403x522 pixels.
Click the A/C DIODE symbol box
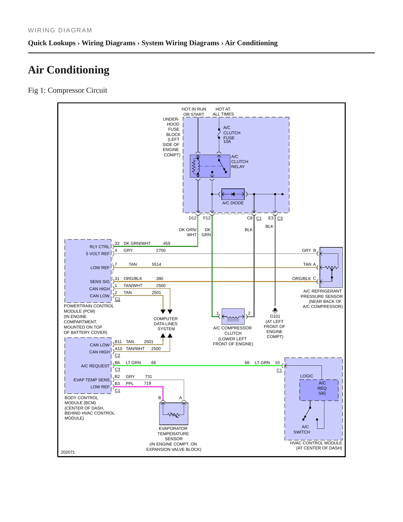click(x=233, y=194)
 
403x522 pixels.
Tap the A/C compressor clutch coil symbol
click(x=233, y=317)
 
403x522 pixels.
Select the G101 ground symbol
click(x=275, y=310)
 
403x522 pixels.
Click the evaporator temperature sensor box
click(x=173, y=413)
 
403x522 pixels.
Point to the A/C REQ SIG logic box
click(x=319, y=390)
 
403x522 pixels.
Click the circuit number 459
click(x=166, y=243)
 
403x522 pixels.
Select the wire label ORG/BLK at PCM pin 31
click(x=133, y=279)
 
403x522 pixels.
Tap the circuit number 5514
click(x=156, y=264)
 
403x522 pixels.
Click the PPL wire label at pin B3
click(x=130, y=384)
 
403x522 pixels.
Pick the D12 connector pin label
click(x=192, y=218)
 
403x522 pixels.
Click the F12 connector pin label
click(x=207, y=218)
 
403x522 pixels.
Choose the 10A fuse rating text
click(x=227, y=142)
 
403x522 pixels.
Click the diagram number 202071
click(x=68, y=452)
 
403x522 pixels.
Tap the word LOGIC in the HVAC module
click(x=307, y=376)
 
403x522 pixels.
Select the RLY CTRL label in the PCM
click(x=100, y=247)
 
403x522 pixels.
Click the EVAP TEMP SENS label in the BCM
click(x=91, y=380)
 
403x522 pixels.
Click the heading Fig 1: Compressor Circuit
click(x=67, y=90)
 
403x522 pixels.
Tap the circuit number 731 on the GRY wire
click(x=148, y=377)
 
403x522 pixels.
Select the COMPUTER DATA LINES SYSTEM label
click(x=166, y=324)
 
